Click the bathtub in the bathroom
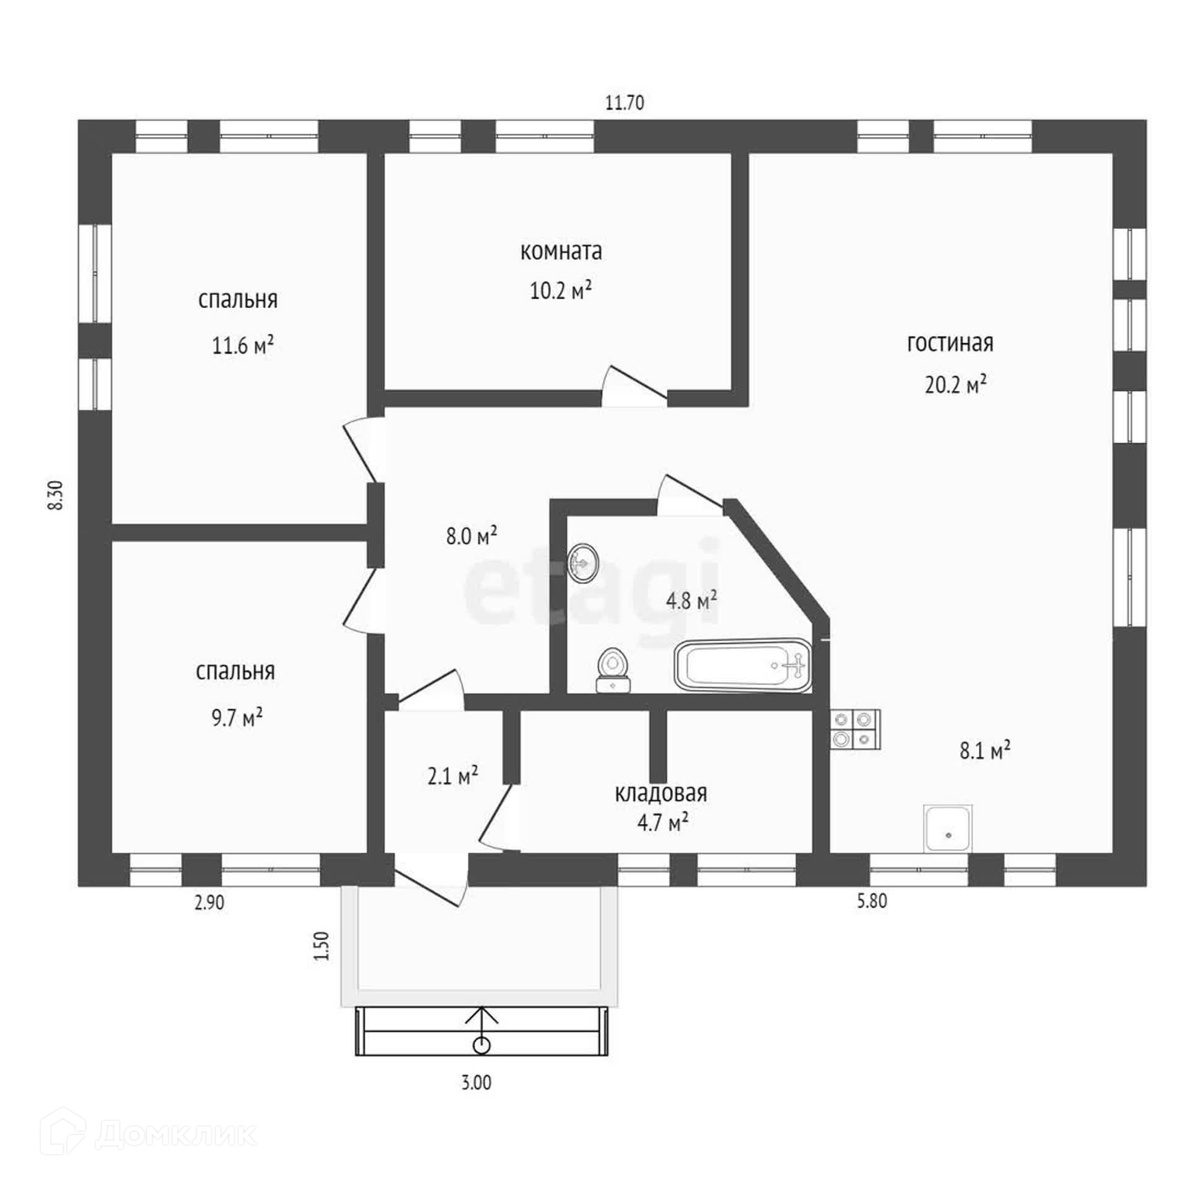pos(742,666)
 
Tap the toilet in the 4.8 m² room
pos(612,670)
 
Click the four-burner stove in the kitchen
pos(855,730)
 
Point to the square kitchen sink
pos(948,828)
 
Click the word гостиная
pos(950,343)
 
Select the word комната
pos(561,252)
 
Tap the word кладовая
pos(660,793)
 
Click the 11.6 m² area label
pos(242,345)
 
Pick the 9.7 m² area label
pos(237,718)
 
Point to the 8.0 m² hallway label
pos(472,535)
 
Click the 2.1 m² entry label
pos(453,775)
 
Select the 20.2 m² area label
pos(955,385)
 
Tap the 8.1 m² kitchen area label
pos(985,751)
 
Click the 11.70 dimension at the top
pos(624,103)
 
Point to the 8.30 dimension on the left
pos(56,495)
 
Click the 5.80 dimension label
pos(872,901)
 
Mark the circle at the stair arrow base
pos(482,1045)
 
